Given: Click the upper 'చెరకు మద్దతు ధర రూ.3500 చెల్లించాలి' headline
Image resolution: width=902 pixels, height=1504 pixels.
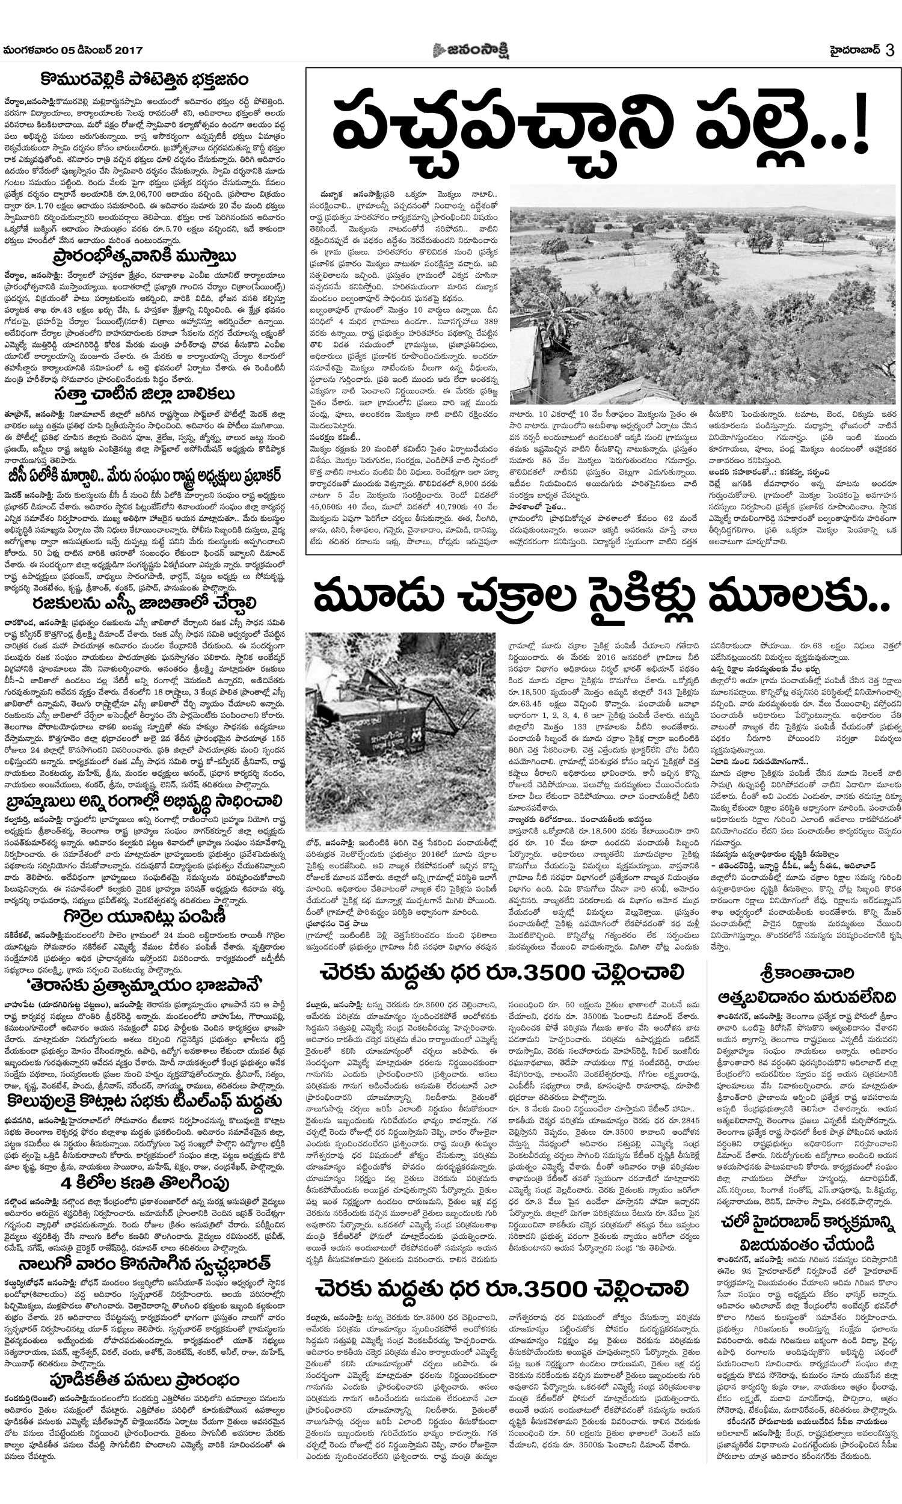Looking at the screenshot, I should point(502,972).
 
